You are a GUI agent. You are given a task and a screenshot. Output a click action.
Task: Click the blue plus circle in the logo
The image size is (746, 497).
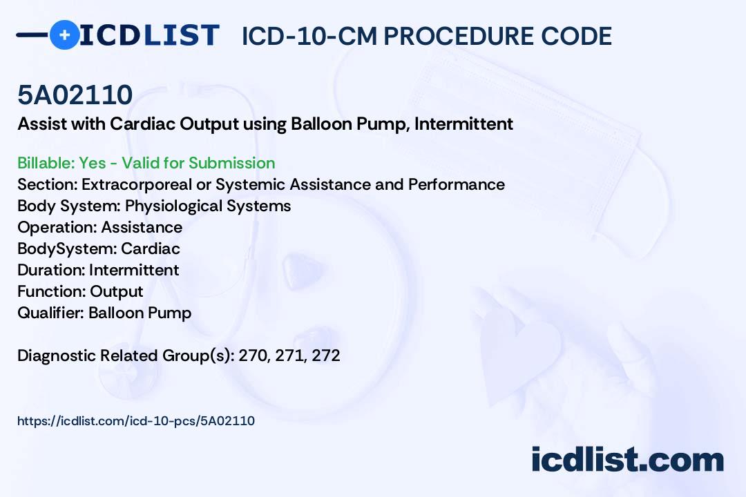coord(64,35)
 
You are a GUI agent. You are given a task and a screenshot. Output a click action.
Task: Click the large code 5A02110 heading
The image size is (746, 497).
coord(75,95)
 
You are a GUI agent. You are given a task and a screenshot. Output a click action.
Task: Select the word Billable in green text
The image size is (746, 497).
coord(46,163)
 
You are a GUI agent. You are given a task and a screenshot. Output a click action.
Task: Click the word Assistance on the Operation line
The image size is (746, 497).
coord(142,227)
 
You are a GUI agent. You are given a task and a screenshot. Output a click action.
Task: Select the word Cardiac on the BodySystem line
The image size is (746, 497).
coord(151,248)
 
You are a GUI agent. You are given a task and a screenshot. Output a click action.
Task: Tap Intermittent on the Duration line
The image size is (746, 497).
coord(134,270)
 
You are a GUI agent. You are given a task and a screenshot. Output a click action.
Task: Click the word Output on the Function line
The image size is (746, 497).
coord(117,291)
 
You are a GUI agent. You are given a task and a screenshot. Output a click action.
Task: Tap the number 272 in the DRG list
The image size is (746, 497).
coord(326,355)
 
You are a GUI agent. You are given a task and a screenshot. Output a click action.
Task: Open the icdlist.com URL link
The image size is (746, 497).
coord(136,421)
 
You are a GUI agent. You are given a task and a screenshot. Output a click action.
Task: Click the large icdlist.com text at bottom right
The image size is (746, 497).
coord(627,460)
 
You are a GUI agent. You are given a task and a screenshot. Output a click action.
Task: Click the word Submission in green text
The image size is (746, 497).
coord(231,163)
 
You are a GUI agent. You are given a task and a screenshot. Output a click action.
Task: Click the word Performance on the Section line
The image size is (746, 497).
coord(457,184)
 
